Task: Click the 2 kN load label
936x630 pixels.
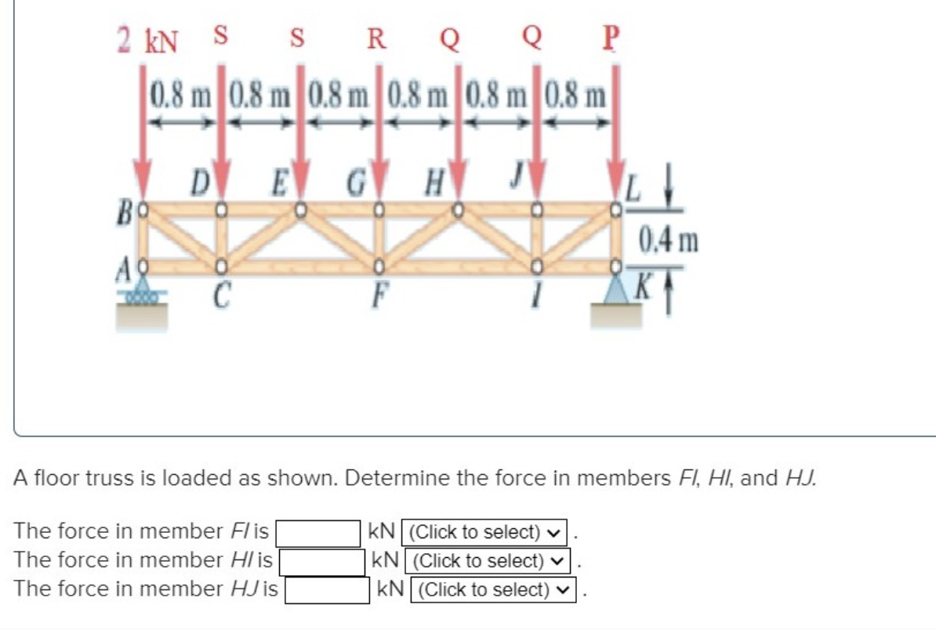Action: tap(148, 39)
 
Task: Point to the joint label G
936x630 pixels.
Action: tap(357, 187)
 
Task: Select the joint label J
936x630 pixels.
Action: tap(517, 187)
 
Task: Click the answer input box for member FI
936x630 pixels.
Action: tap(316, 532)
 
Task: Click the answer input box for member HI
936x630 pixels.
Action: tap(322, 561)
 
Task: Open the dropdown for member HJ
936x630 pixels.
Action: tap(498, 590)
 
